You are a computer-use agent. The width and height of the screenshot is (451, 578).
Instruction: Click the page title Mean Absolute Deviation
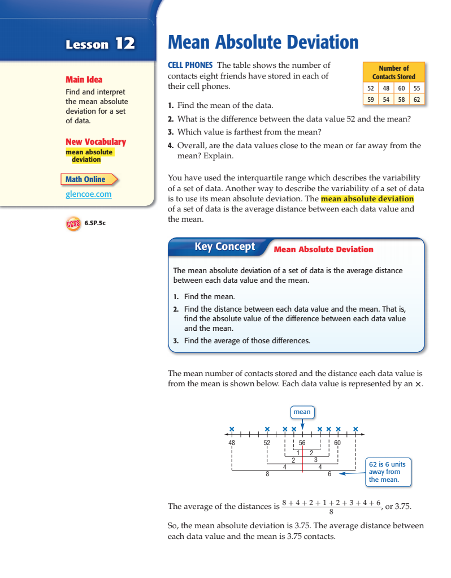coord(263,42)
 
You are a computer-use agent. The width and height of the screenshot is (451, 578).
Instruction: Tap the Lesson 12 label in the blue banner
coord(100,44)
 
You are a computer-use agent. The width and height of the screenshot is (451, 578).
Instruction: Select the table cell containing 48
coord(385,88)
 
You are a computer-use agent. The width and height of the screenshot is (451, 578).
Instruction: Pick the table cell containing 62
coord(417,99)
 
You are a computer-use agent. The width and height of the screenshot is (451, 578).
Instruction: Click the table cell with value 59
coord(370,99)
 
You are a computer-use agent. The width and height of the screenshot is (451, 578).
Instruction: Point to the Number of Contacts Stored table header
coord(393,72)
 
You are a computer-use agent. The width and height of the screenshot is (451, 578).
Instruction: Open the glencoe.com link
coord(88,194)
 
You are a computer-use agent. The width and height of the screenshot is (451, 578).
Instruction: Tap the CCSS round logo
coord(72,223)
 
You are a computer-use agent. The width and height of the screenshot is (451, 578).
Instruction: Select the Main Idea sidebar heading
coord(84,80)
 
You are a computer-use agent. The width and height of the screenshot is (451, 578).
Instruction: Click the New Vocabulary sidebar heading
coord(96,142)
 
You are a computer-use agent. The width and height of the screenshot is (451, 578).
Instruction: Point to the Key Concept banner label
coord(224,247)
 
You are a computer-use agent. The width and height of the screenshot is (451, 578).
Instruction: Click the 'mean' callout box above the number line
coord(302,412)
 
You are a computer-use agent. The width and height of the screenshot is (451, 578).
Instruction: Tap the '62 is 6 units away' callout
coord(387,472)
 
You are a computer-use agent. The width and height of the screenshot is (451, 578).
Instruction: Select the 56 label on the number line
coord(302,443)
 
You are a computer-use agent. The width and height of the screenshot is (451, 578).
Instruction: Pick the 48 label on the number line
coord(232,443)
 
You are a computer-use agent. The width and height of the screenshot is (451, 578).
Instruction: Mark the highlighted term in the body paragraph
coord(367,199)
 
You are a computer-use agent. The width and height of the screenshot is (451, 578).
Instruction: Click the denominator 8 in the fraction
coord(331,512)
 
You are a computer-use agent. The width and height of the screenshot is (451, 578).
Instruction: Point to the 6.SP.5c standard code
coord(95,223)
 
